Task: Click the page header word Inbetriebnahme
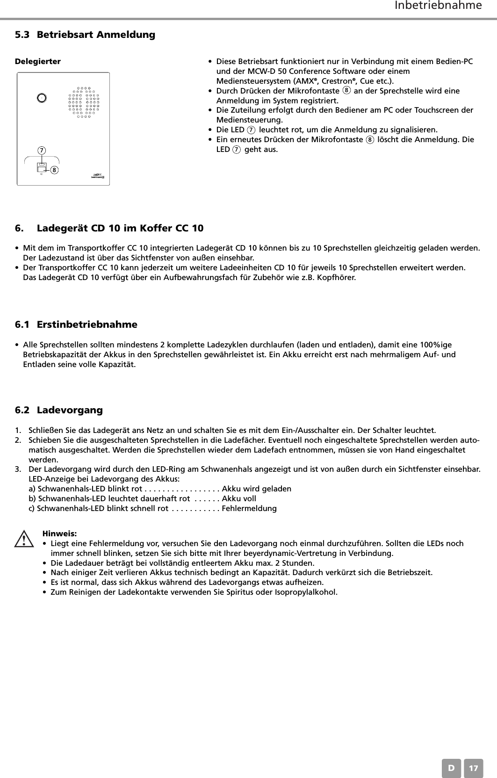(438, 6)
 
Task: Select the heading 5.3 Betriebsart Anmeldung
(85, 35)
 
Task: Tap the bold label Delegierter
(38, 61)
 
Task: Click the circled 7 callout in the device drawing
(42, 150)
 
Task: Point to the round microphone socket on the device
(42, 98)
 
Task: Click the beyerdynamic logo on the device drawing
(97, 175)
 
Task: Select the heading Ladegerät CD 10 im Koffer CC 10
(120, 229)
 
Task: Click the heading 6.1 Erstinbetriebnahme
(76, 324)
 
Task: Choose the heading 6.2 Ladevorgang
(59, 410)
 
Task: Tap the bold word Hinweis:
(59, 533)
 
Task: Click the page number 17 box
(474, 768)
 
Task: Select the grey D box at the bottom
(451, 768)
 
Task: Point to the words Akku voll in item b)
(239, 498)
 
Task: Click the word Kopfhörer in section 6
(336, 278)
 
